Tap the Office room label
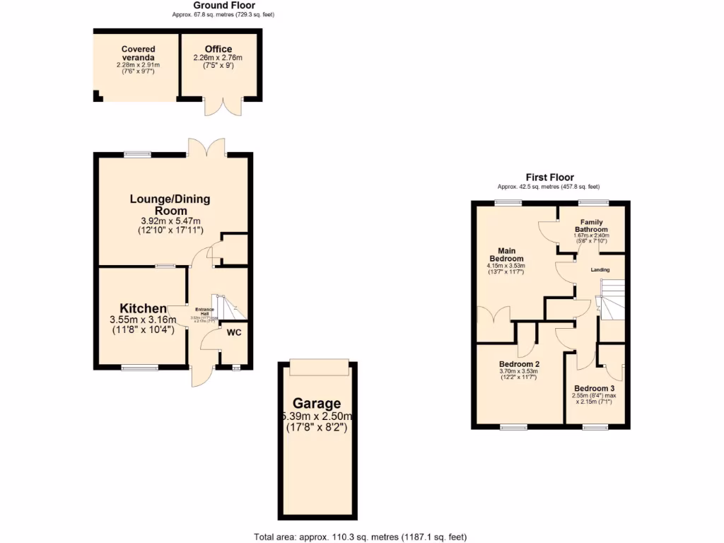click(x=218, y=49)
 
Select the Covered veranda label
click(x=138, y=53)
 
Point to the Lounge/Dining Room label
click(x=170, y=204)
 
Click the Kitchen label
click(x=142, y=308)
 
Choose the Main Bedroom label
click(x=506, y=254)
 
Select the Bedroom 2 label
click(x=518, y=364)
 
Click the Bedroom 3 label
click(x=594, y=388)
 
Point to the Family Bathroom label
click(x=591, y=226)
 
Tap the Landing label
click(x=600, y=269)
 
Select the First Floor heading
click(x=549, y=177)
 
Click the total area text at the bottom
click(x=361, y=537)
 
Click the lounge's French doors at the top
click(x=206, y=146)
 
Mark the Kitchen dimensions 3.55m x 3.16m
click(x=142, y=320)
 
